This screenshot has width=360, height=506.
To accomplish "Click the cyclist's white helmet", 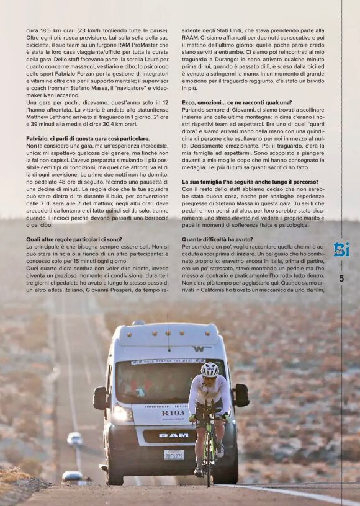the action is click(210, 369).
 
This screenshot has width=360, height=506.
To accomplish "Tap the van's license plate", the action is click(174, 455).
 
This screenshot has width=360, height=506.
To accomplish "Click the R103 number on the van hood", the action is click(173, 413).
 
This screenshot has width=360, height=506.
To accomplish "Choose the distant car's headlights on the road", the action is click(75, 439).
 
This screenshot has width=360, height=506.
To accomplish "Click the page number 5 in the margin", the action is click(341, 278).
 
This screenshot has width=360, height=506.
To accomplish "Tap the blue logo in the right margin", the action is click(341, 249).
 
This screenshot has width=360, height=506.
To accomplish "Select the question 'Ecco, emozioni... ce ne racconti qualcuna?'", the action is click(236, 102).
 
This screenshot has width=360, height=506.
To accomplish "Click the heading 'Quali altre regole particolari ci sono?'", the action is click(74, 239).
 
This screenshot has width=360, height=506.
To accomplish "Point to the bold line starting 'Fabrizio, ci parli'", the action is click(88, 138).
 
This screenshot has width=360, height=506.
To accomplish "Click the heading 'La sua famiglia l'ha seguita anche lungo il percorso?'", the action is click(250, 181).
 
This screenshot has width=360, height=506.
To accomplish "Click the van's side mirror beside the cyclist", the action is click(240, 395).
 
